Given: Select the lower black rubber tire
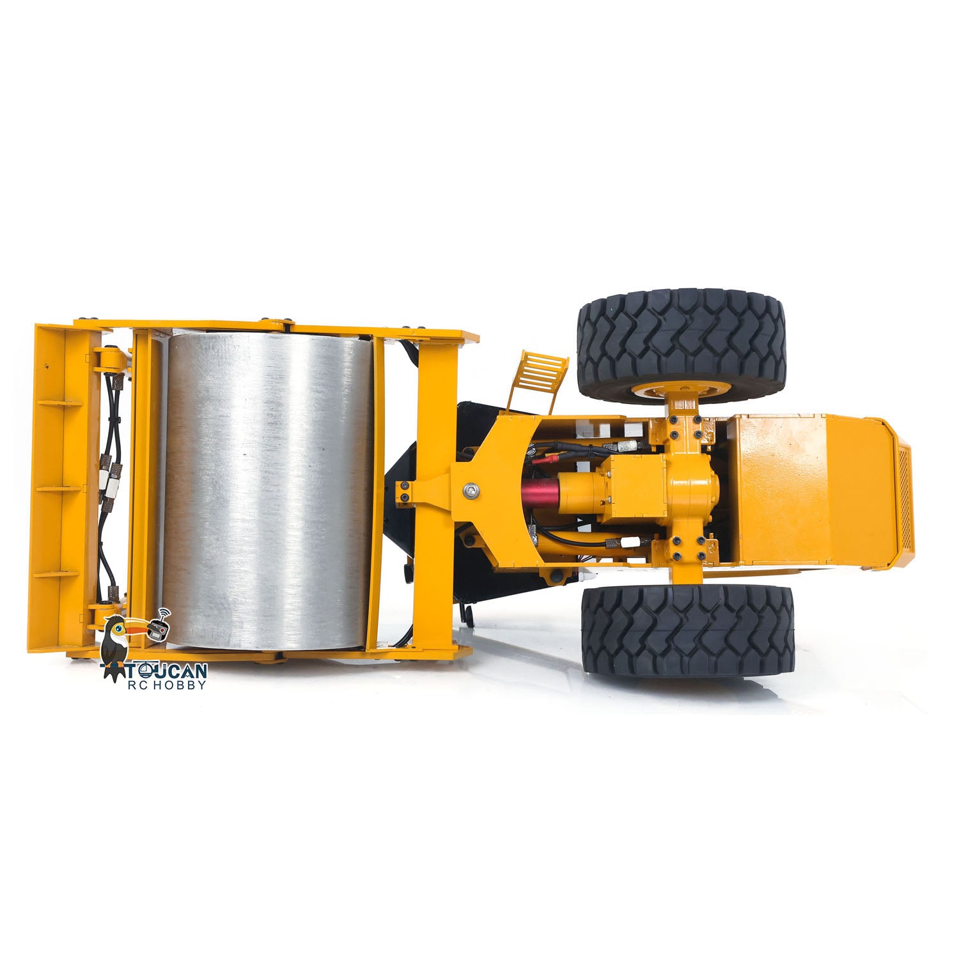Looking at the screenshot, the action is pos(688,630).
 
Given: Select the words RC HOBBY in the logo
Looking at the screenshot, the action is pos(168,685).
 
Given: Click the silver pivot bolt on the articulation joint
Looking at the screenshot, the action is pos(471,490).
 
